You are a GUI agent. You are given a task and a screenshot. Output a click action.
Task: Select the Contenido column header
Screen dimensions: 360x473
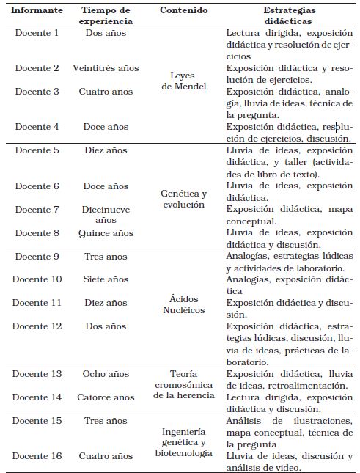[x=183, y=10]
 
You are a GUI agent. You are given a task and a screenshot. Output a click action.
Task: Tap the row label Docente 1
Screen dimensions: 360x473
[x=36, y=34]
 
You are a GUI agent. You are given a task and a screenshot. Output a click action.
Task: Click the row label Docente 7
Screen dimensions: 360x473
[x=36, y=210]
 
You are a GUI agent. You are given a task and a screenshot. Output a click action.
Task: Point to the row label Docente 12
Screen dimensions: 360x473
[x=36, y=326]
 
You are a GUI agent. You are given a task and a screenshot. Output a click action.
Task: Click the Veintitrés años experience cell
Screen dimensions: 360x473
[x=106, y=68]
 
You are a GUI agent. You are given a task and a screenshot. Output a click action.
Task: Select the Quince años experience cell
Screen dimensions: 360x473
[x=106, y=233]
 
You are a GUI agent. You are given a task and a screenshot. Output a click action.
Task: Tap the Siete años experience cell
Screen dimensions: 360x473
[x=106, y=279]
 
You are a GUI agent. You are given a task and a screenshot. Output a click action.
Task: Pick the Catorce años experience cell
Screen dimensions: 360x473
[x=106, y=397]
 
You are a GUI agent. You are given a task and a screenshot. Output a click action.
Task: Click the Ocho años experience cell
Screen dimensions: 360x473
[x=106, y=373]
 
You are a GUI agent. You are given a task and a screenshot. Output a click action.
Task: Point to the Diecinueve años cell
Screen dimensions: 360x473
[x=106, y=214]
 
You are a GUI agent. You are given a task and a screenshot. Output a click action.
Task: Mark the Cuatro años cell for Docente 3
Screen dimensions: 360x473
[x=106, y=92]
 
